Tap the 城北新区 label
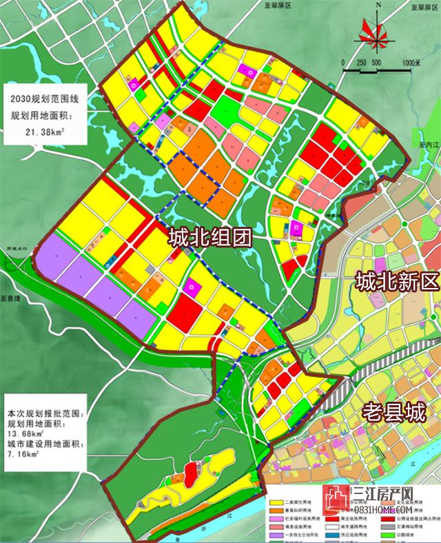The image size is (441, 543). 397,281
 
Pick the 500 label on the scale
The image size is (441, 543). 376,63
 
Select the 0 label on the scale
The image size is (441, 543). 342,63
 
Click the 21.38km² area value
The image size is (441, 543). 45,130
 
